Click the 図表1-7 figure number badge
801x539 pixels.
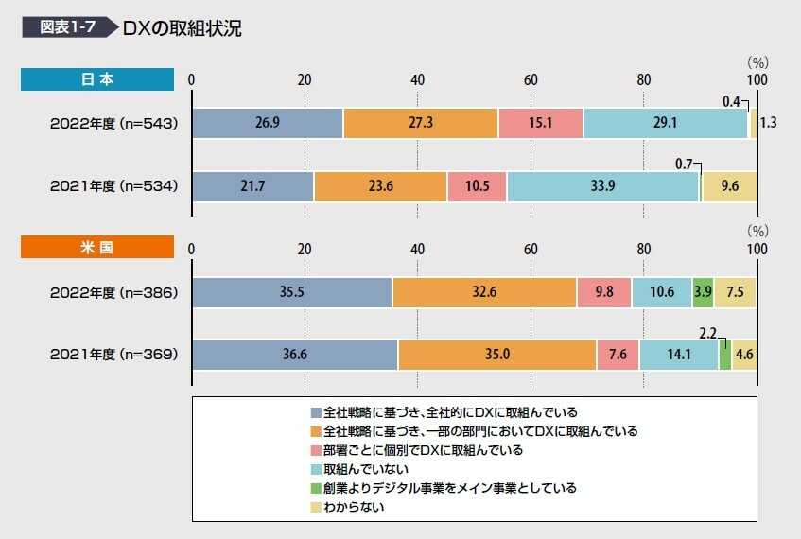point(67,27)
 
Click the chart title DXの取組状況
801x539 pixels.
point(182,27)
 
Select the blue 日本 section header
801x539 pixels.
point(97,79)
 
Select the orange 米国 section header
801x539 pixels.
point(97,249)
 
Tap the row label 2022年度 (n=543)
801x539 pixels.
point(113,123)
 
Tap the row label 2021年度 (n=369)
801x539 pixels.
point(113,356)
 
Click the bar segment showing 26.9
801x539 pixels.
point(268,123)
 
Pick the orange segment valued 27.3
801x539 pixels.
point(420,123)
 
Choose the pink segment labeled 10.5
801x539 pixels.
point(477,186)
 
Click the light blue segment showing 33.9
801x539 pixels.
point(602,186)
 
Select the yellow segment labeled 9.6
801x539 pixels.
point(729,186)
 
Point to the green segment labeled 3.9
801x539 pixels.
point(703,292)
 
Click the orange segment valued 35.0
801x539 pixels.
point(496,356)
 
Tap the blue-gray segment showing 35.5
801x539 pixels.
point(291,292)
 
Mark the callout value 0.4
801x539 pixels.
point(730,101)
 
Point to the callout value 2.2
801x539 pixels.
point(706,333)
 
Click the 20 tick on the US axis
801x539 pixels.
point(305,249)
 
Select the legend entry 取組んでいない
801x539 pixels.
point(363,469)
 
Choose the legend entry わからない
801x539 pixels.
point(354,507)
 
